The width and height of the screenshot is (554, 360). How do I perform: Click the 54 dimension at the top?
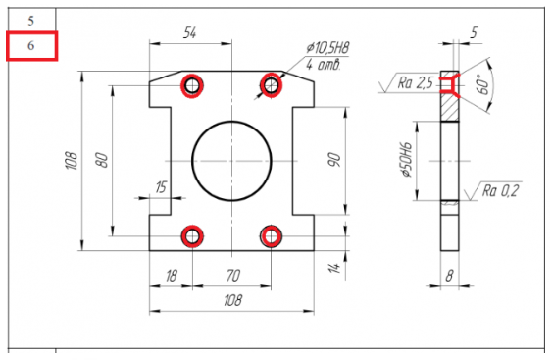point(189,32)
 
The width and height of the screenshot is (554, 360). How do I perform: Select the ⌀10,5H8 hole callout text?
point(328,48)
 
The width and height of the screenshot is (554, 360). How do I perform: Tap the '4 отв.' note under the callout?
point(324,65)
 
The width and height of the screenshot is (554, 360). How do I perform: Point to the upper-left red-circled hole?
point(192,85)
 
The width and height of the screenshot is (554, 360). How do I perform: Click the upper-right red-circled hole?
point(271,84)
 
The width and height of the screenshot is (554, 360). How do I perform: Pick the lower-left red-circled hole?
point(192,236)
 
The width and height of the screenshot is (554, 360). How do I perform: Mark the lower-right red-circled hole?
point(271,236)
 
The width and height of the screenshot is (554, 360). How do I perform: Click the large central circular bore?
point(231,122)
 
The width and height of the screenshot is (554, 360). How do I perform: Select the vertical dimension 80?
point(101,160)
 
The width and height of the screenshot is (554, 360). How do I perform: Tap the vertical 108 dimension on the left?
point(72,161)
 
